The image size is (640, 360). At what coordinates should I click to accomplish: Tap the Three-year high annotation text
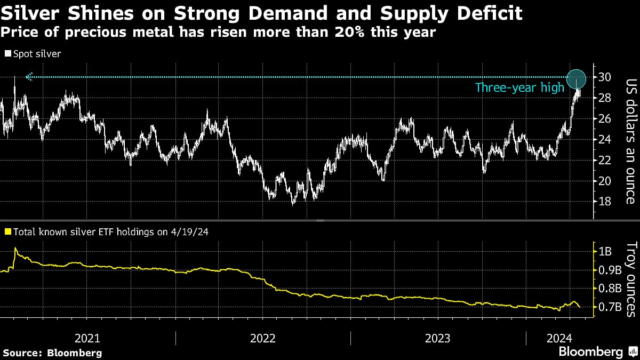point(519,88)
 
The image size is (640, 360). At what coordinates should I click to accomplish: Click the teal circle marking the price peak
point(577,79)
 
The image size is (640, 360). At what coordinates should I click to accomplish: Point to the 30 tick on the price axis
point(605,77)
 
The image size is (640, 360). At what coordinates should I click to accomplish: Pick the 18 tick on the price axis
point(605,202)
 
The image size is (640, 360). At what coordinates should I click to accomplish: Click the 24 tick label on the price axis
point(605,139)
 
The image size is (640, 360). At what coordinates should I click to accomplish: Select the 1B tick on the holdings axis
point(606,251)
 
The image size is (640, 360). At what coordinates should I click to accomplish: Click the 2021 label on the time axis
point(88,338)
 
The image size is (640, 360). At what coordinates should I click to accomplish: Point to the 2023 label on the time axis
point(438,338)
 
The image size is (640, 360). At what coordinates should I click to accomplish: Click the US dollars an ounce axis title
point(630,141)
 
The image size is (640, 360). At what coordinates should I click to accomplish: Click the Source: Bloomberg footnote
point(52,353)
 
